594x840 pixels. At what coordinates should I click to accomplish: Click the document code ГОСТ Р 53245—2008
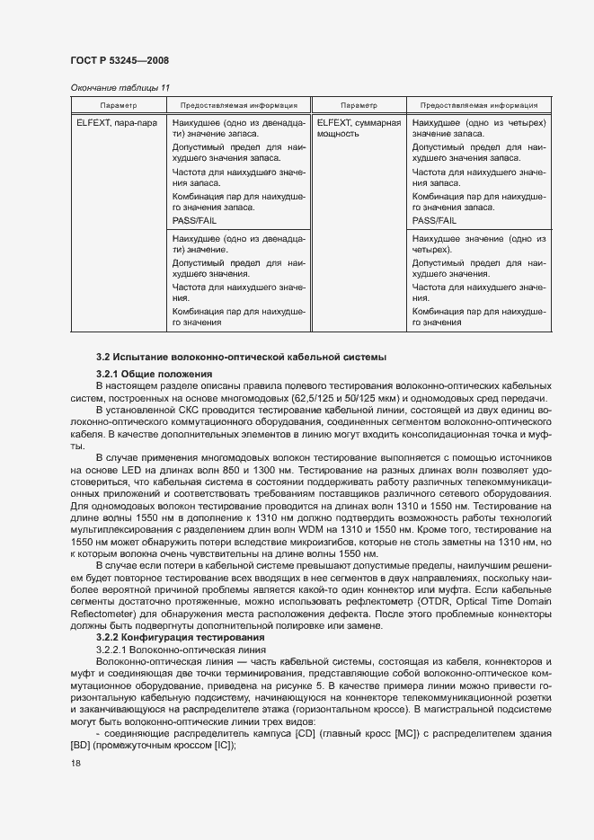coord(119,60)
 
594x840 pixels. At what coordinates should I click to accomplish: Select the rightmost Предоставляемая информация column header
coord(479,105)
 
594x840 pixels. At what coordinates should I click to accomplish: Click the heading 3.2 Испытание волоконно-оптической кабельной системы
coord(240,358)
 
